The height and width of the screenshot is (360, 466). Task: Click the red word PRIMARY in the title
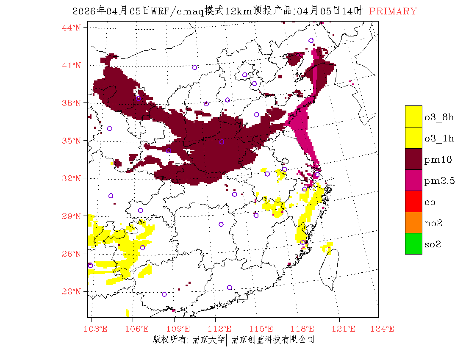pyautogui.click(x=393, y=11)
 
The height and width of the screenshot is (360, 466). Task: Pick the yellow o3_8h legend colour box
pyautogui.click(x=413, y=116)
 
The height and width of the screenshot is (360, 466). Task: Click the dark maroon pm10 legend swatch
pyautogui.click(x=413, y=159)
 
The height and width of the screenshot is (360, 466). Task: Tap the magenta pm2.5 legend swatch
pyautogui.click(x=413, y=180)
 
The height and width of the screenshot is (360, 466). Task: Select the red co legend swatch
pyautogui.click(x=413, y=201)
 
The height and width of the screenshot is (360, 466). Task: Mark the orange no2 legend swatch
pyautogui.click(x=413, y=222)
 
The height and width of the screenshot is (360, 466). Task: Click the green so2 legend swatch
pyautogui.click(x=413, y=244)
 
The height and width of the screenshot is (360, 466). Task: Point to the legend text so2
pyautogui.click(x=433, y=244)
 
